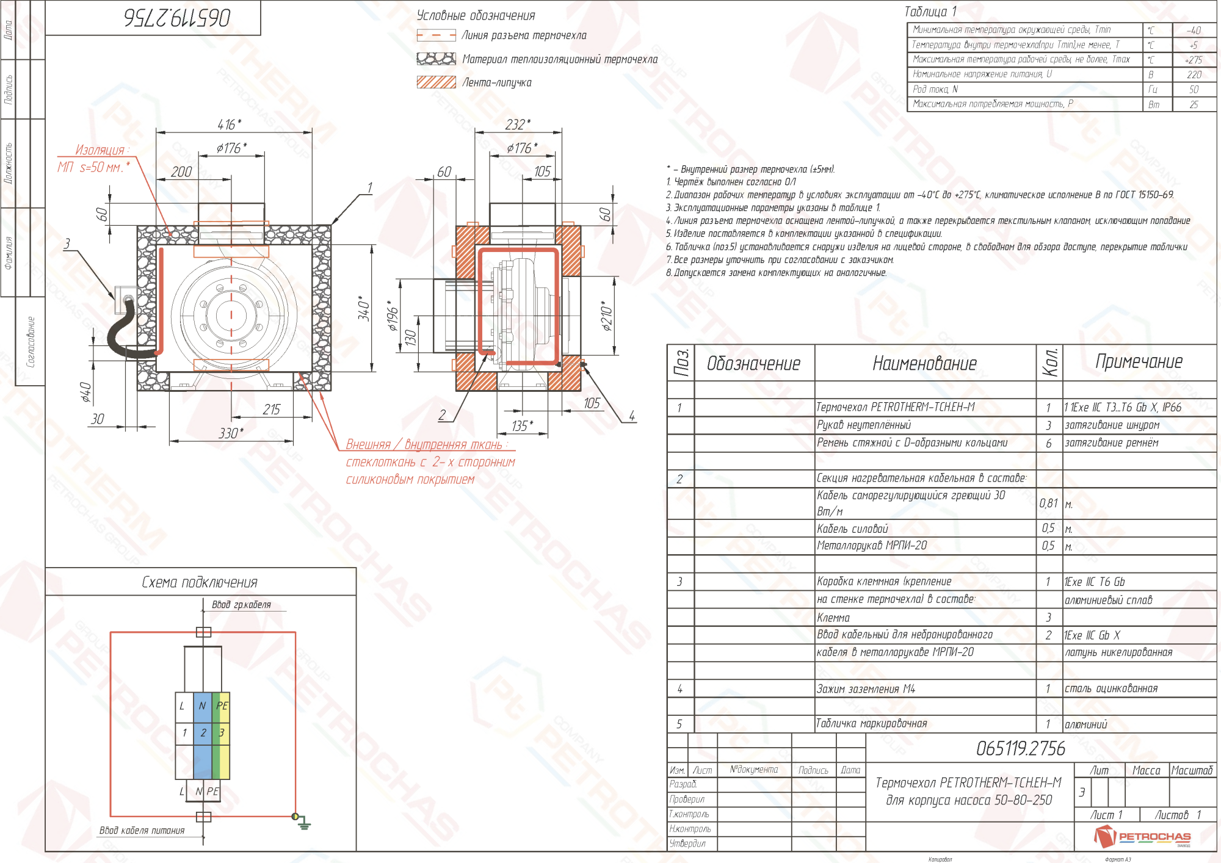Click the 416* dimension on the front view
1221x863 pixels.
pyautogui.click(x=229, y=125)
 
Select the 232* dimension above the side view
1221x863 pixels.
pyautogui.click(x=517, y=125)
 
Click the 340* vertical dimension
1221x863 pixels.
pyautogui.click(x=364, y=307)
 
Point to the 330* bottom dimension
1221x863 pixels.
pyautogui.click(x=231, y=433)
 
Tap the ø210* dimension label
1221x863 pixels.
pyautogui.click(x=606, y=316)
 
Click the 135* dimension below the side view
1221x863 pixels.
pyautogui.click(x=522, y=425)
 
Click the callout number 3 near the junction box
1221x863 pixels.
pyautogui.click(x=67, y=244)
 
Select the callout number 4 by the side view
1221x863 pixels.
pyautogui.click(x=632, y=416)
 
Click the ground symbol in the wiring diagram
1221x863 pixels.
pyautogui.click(x=303, y=825)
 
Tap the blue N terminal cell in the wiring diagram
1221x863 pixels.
pyautogui.click(x=203, y=706)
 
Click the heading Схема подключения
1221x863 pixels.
pyautogui.click(x=200, y=582)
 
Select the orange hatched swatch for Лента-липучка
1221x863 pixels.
pyautogui.click(x=436, y=82)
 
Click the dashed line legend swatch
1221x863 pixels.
pyautogui.click(x=436, y=35)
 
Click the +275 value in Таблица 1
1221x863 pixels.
pyautogui.click(x=1193, y=60)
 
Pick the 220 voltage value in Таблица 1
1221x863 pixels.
pyautogui.click(x=1194, y=74)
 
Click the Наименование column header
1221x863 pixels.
pyautogui.click(x=924, y=364)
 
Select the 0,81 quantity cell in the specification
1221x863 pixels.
pyautogui.click(x=1048, y=503)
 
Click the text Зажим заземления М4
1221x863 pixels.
pyautogui.click(x=866, y=689)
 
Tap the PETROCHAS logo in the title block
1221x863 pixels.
pyautogui.click(x=1142, y=836)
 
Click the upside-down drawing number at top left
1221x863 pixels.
pyautogui.click(x=177, y=18)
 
